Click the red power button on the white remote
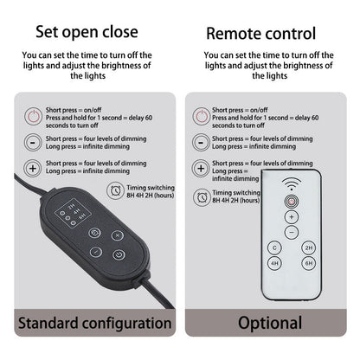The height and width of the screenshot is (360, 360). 292,202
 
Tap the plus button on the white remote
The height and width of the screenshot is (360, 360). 292,217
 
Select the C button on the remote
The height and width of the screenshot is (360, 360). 274,247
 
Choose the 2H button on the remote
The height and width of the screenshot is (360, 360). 309,247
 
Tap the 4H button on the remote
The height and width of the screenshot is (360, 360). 274,263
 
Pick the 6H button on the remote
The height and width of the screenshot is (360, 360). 309,263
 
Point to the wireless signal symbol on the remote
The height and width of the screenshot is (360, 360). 292,183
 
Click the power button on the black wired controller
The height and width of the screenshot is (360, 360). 119,254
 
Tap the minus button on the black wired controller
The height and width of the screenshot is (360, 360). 96,252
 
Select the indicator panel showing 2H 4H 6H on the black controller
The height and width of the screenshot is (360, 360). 74,213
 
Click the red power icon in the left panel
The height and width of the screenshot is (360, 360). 33,117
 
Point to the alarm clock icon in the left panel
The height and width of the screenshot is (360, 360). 115,190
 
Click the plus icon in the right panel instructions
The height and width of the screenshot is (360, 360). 201,169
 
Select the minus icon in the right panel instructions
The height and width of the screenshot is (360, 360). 201,143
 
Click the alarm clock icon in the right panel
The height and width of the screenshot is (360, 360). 202,197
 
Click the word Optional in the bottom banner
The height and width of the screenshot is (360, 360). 270,323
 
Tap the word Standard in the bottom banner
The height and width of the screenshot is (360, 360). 48,323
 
